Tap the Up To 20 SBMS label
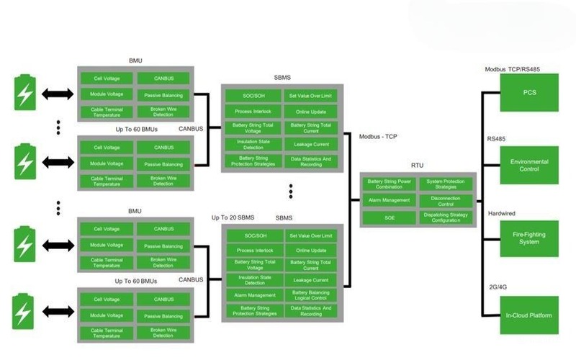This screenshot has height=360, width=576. click(x=232, y=217)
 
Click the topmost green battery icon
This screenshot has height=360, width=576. click(x=24, y=94)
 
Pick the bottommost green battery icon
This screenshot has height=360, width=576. click(x=24, y=312)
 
